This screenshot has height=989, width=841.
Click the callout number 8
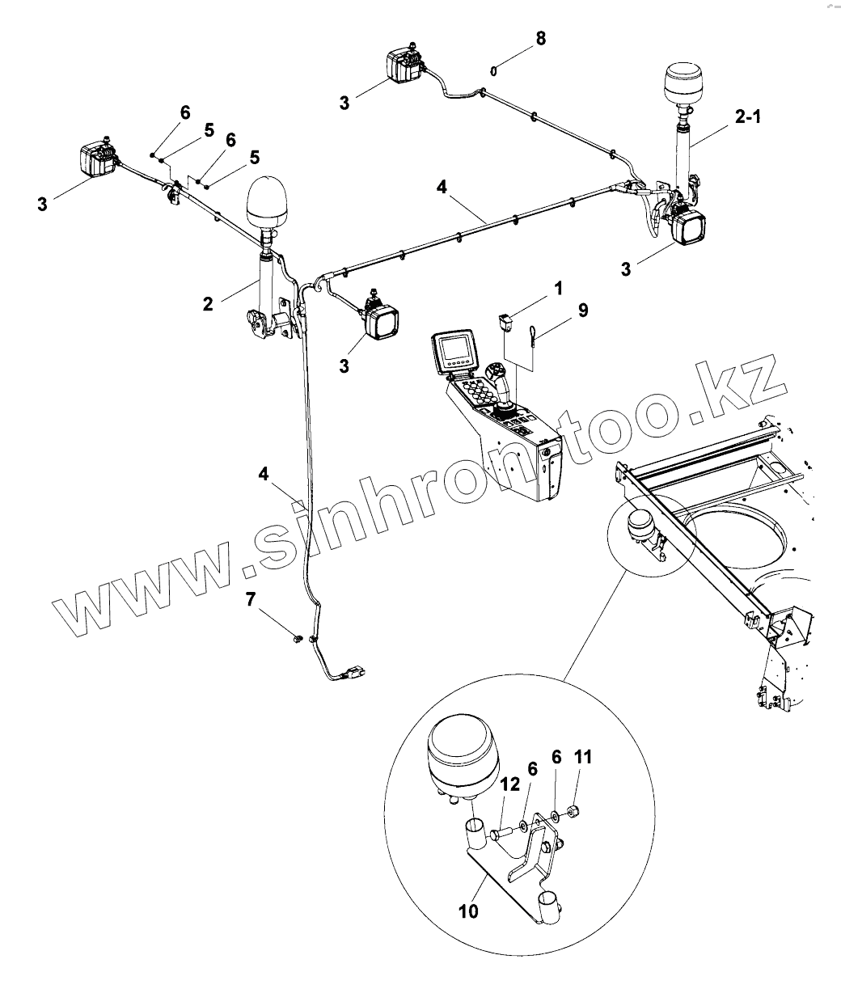(x=540, y=38)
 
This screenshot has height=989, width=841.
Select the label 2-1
(x=747, y=117)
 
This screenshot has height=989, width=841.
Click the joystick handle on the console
(x=499, y=380)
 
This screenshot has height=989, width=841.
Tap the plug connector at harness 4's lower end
(x=353, y=672)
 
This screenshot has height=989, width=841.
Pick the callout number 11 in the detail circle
(x=583, y=758)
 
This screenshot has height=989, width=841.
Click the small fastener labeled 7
(x=298, y=639)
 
